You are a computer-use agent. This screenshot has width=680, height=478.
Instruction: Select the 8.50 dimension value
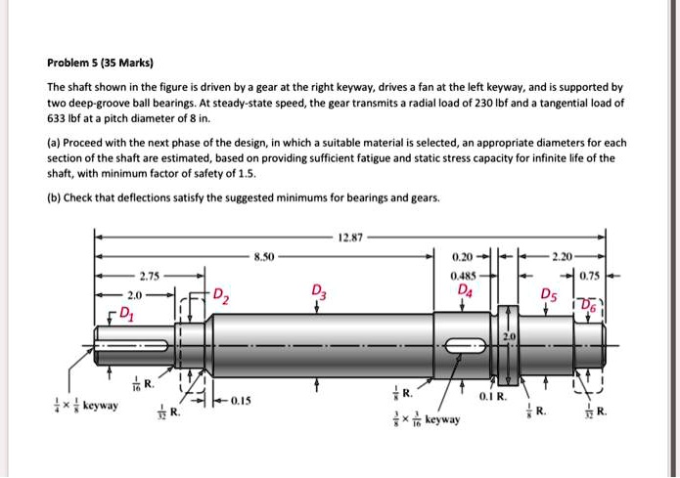click(263, 256)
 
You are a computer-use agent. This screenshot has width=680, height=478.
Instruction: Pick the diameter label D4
click(463, 289)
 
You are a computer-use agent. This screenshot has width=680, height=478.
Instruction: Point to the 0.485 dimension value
click(463, 275)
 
